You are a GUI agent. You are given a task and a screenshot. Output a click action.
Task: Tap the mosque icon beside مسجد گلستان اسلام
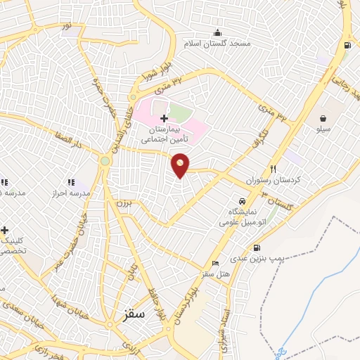point(217,32)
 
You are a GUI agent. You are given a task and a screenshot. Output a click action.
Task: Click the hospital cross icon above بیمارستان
point(164,120)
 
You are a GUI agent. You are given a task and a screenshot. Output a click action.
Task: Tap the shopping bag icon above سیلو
point(323,118)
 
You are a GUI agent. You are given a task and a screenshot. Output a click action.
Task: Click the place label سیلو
point(323,129)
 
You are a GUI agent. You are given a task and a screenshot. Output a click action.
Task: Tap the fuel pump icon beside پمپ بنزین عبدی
point(257,247)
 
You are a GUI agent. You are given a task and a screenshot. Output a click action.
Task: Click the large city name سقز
point(131,314)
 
